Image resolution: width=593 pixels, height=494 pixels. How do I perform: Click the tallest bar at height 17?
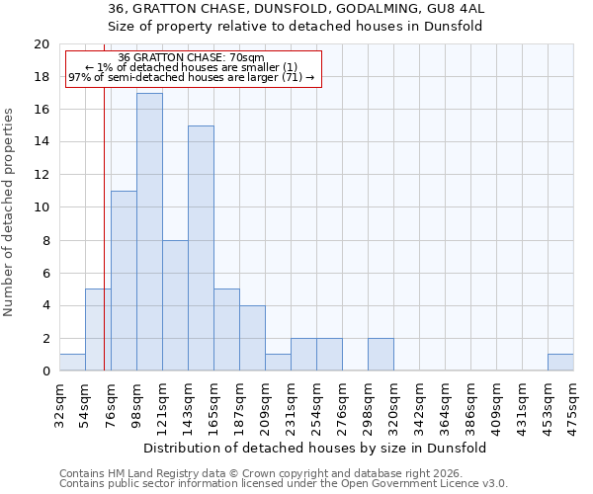pos(149,232)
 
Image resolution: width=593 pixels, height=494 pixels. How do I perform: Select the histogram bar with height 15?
pos(201,248)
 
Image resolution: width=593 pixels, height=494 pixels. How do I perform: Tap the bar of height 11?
pos(124,281)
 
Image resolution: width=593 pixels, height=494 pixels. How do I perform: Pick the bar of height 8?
pos(175,305)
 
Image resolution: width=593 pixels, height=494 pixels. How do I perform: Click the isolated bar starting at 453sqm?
pos(560,363)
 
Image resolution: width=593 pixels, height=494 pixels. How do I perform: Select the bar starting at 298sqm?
pos(381,355)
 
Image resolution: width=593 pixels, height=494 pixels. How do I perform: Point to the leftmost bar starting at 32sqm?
pos(72,363)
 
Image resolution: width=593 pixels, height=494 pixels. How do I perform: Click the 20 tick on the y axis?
pos(42,44)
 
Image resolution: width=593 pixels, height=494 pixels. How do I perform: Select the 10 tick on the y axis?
pos(42,207)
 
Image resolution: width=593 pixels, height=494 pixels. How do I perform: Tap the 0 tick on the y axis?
pos(45,371)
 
